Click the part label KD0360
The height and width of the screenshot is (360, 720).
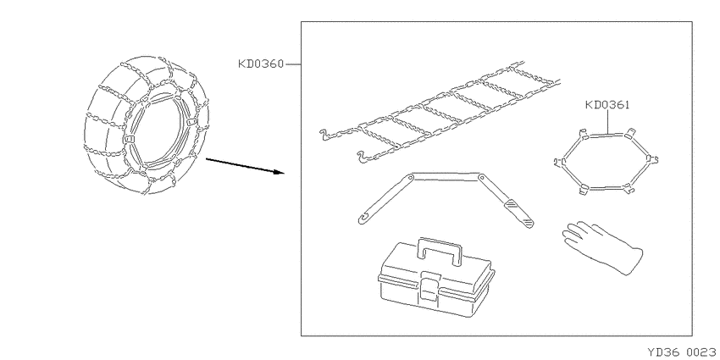pos(261,64)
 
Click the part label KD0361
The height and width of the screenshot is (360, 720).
pos(607,105)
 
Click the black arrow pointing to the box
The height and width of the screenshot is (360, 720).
pos(245,166)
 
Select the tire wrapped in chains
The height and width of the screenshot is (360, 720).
pos(147,125)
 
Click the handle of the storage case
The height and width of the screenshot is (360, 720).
pos(440,250)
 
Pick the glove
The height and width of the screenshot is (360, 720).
pos(602,247)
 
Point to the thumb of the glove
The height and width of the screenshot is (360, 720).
pos(571,240)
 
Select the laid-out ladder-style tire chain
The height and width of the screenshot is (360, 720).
pos(440,112)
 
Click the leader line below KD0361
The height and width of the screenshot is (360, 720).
pos(608,122)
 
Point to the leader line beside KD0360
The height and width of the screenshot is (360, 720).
pos(293,64)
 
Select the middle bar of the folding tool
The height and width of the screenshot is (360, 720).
pos(446,177)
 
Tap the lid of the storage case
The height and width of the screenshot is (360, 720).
pos(436,266)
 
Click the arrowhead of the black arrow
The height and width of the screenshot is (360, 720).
pos(280,173)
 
